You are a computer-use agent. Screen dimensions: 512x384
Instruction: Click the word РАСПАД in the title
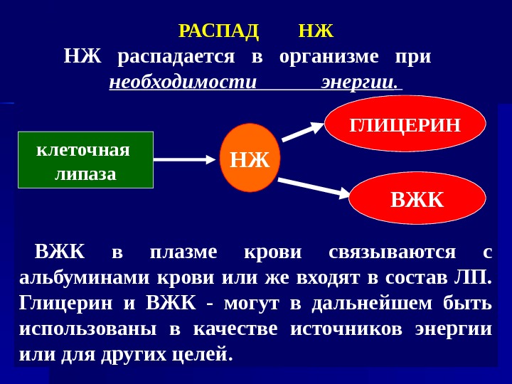click(218, 31)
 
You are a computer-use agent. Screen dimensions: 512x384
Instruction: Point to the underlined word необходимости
click(183, 82)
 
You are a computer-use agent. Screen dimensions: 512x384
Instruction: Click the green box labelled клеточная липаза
click(85, 160)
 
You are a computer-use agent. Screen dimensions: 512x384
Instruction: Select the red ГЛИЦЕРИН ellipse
click(405, 124)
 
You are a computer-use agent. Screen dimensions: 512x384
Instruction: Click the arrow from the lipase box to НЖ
click(184, 160)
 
